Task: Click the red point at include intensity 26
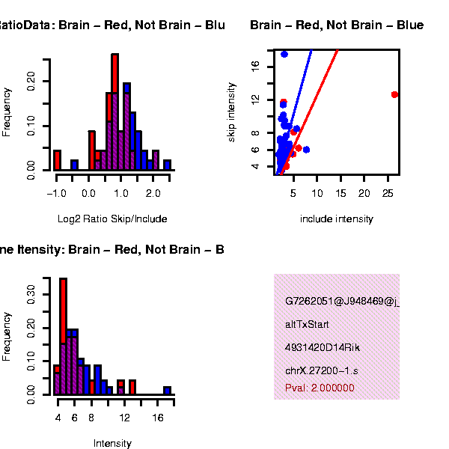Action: click(x=394, y=94)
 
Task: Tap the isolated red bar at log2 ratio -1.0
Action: click(x=57, y=160)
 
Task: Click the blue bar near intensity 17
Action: click(x=168, y=390)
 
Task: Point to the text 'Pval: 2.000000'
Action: click(x=320, y=388)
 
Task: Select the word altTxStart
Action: click(x=307, y=325)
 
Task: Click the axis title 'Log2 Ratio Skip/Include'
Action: click(x=112, y=219)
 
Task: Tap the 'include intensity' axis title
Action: click(x=336, y=219)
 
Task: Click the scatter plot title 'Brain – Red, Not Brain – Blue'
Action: click(x=337, y=25)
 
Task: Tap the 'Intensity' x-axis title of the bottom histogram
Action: click(x=112, y=444)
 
